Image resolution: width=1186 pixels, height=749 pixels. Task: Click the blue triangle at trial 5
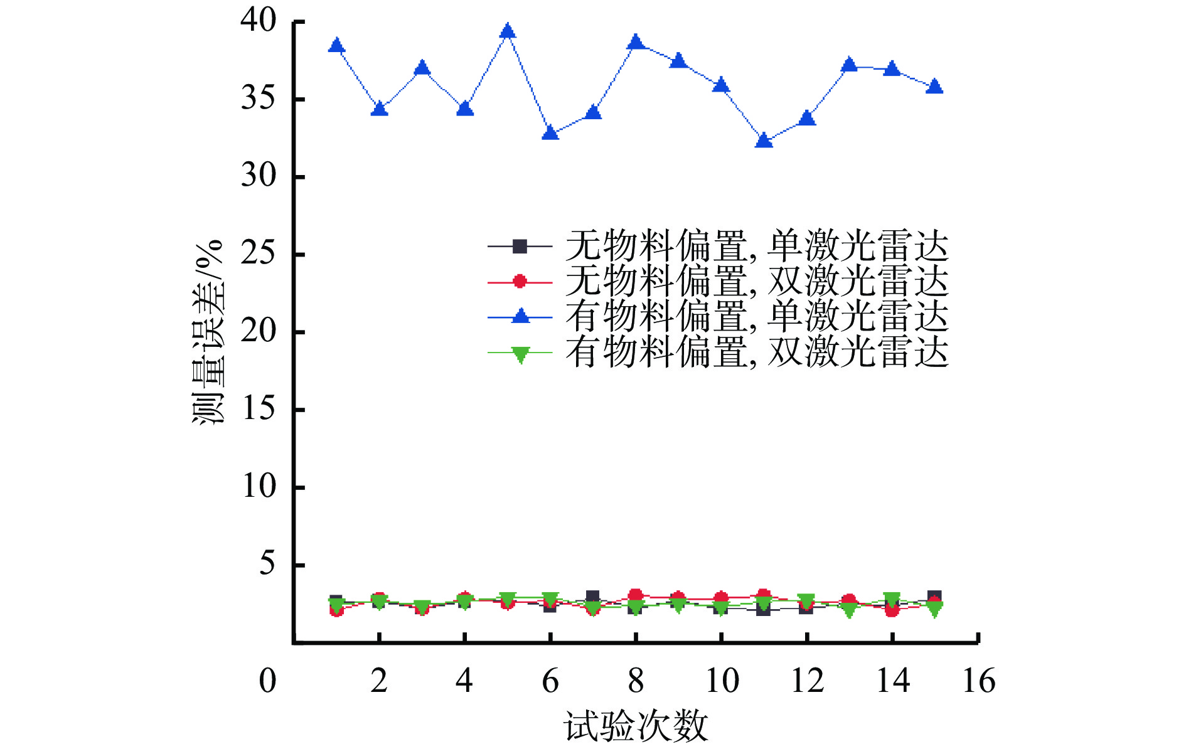point(508,31)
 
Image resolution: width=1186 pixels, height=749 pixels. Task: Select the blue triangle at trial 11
point(764,141)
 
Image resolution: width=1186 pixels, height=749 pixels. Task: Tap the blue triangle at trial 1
point(336,46)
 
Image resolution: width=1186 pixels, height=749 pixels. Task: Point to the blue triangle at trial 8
point(636,43)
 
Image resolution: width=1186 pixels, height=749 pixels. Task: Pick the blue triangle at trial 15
point(934,87)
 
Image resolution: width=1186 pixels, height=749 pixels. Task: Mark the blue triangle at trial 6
point(550,133)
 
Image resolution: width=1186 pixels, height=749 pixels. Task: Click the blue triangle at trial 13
point(849,65)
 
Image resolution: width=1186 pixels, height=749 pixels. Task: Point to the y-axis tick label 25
point(258,254)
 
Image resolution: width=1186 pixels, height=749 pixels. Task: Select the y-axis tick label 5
point(267,564)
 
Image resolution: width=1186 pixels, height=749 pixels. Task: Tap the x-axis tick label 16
point(978,681)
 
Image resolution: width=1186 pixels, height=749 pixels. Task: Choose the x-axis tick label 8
point(636,681)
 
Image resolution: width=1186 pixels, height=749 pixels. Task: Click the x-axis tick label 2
point(379,681)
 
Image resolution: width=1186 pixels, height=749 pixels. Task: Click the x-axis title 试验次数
point(636,727)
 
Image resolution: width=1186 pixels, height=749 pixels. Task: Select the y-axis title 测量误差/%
point(208,332)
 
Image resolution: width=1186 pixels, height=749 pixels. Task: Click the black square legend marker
point(520,247)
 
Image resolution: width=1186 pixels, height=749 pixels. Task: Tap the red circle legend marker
point(520,282)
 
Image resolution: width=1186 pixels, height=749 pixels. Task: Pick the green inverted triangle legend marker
point(520,354)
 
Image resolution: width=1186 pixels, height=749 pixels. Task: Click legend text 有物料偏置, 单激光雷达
point(756,317)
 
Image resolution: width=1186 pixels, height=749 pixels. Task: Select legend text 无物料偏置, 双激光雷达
point(756,282)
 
